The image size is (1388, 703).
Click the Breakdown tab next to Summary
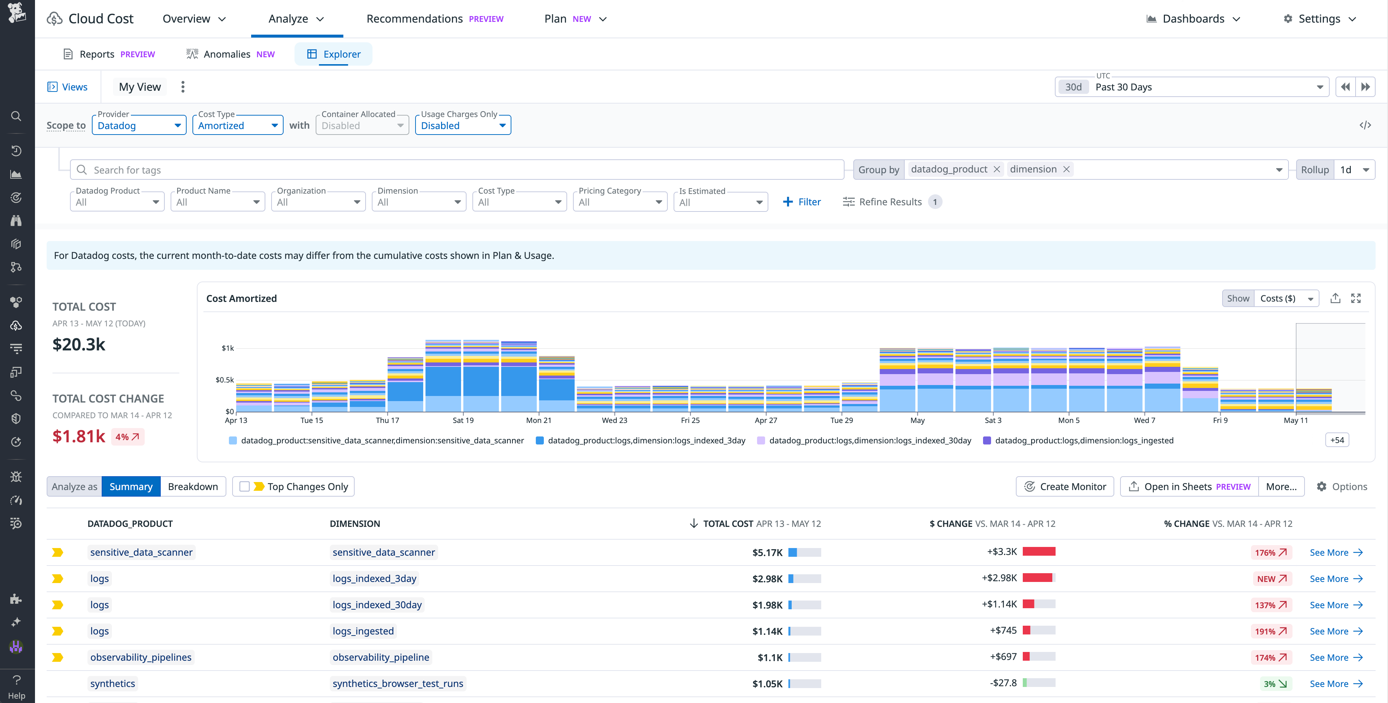pyautogui.click(x=192, y=486)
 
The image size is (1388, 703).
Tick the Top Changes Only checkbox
pyautogui.click(x=245, y=486)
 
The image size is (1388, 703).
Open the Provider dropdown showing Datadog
pyautogui.click(x=139, y=125)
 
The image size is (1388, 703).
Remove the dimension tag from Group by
pyautogui.click(x=1066, y=169)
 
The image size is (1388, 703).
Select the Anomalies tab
pyautogui.click(x=231, y=54)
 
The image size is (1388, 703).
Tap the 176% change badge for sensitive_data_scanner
pyautogui.click(x=1270, y=552)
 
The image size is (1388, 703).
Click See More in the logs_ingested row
pyautogui.click(x=1335, y=631)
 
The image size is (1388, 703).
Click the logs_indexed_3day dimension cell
pyautogui.click(x=374, y=578)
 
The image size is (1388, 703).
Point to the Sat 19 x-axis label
pyautogui.click(x=463, y=420)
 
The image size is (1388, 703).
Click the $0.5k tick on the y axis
pyautogui.click(x=225, y=380)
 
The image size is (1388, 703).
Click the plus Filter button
pyautogui.click(x=802, y=202)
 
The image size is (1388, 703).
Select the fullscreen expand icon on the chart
pyautogui.click(x=1356, y=298)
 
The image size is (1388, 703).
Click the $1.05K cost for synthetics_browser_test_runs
pyautogui.click(x=767, y=684)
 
